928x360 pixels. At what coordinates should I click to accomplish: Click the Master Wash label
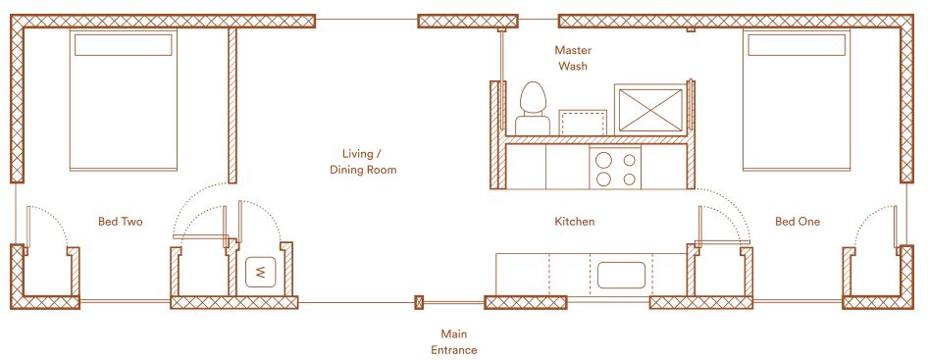[x=572, y=58]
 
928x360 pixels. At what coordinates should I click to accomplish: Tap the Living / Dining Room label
[x=362, y=162]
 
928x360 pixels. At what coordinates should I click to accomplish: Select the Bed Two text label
[x=120, y=222]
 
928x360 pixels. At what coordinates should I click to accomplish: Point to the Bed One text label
[x=798, y=222]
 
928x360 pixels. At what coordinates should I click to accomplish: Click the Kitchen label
[x=574, y=222]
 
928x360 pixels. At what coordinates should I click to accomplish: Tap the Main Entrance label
[x=453, y=342]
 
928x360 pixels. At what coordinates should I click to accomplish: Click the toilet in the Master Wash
[x=533, y=108]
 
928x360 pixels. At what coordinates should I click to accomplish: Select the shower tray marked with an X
[x=649, y=110]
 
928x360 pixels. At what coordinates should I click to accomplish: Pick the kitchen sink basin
[x=621, y=275]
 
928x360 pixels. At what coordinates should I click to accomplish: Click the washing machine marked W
[x=260, y=273]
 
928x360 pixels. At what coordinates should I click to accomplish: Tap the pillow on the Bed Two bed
[x=123, y=45]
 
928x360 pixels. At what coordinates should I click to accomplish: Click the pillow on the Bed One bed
[x=797, y=45]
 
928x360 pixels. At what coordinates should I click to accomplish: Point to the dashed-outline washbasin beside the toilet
[x=583, y=122]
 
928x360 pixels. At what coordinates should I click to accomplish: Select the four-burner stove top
[x=615, y=169]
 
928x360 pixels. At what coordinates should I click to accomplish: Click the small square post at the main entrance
[x=419, y=302]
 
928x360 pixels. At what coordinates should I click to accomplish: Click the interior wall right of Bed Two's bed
[x=232, y=105]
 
